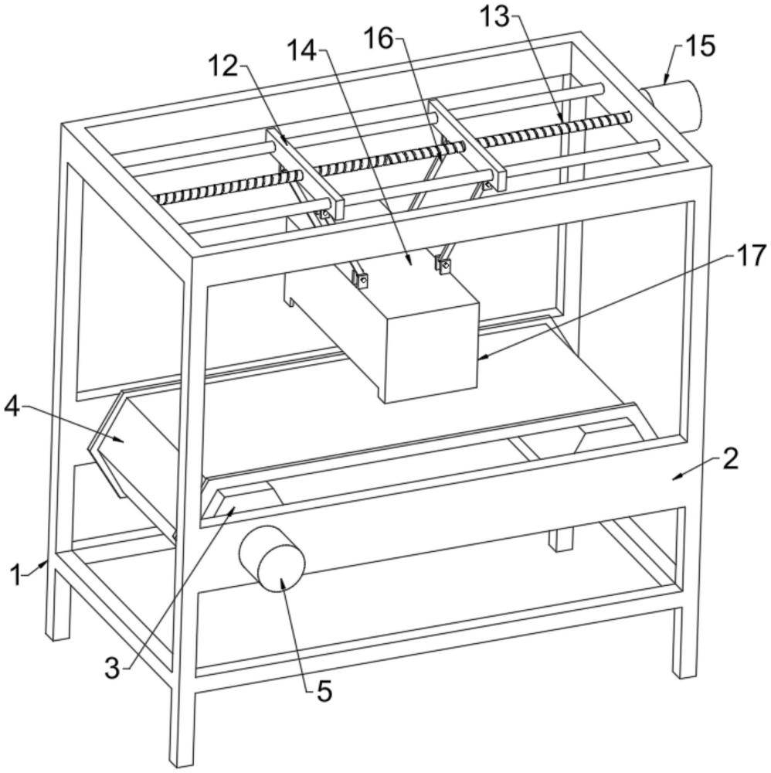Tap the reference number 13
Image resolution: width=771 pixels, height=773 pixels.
point(495,17)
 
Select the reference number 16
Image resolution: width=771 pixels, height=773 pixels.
point(379,39)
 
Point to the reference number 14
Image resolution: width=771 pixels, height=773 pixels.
point(302,50)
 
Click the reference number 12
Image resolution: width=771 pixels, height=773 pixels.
point(224,66)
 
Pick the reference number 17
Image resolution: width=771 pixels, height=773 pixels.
point(751,257)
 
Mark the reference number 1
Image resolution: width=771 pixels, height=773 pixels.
point(15,576)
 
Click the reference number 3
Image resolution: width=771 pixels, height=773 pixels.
point(112,669)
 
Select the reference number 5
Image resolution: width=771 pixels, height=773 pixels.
point(324,691)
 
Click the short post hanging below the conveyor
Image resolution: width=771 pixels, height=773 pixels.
point(561,539)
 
